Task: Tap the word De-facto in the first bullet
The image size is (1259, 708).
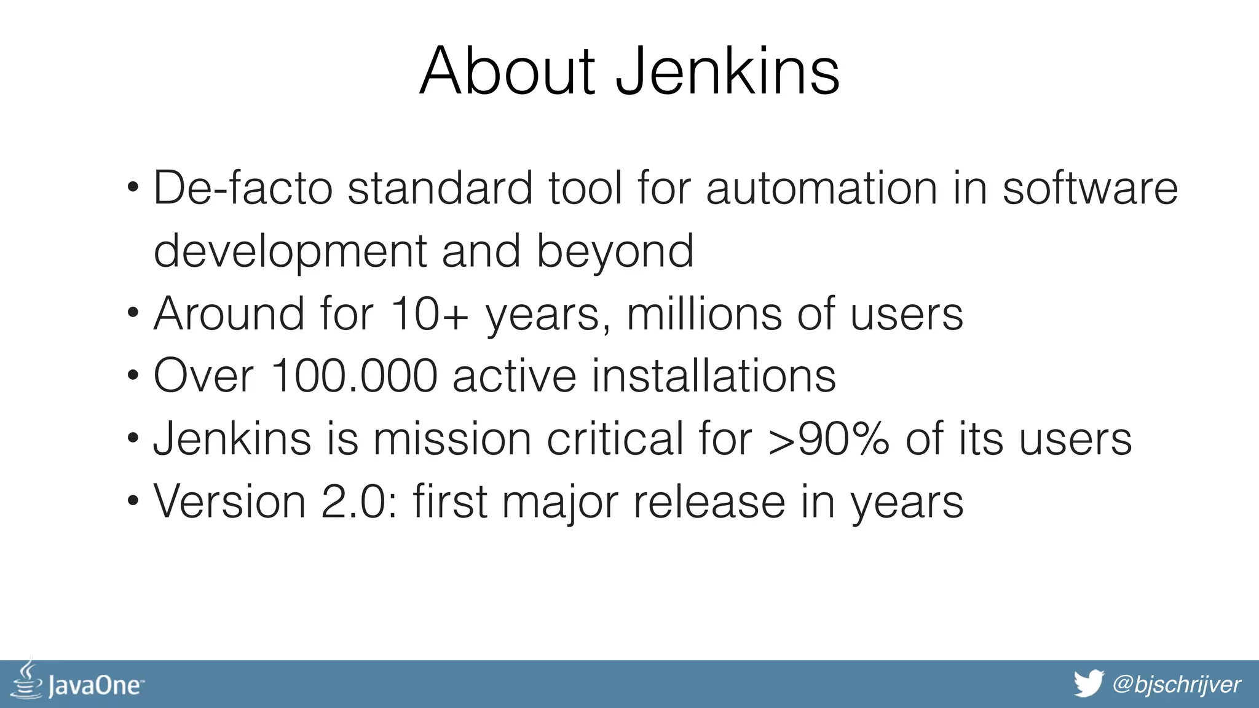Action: [243, 187]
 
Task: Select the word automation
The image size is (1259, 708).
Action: [821, 187]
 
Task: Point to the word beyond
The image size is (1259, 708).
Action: [615, 251]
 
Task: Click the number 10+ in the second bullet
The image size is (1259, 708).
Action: [429, 314]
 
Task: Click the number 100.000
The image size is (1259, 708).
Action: [353, 376]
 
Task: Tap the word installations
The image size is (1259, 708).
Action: [713, 376]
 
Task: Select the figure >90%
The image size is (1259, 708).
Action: [829, 439]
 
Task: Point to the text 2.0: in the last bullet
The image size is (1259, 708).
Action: [360, 502]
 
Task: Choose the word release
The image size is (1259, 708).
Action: [709, 502]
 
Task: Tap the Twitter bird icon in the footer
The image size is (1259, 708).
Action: [1089, 684]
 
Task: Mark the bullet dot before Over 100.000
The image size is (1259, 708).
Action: [133, 376]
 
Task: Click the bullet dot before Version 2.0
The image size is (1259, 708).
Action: [133, 502]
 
